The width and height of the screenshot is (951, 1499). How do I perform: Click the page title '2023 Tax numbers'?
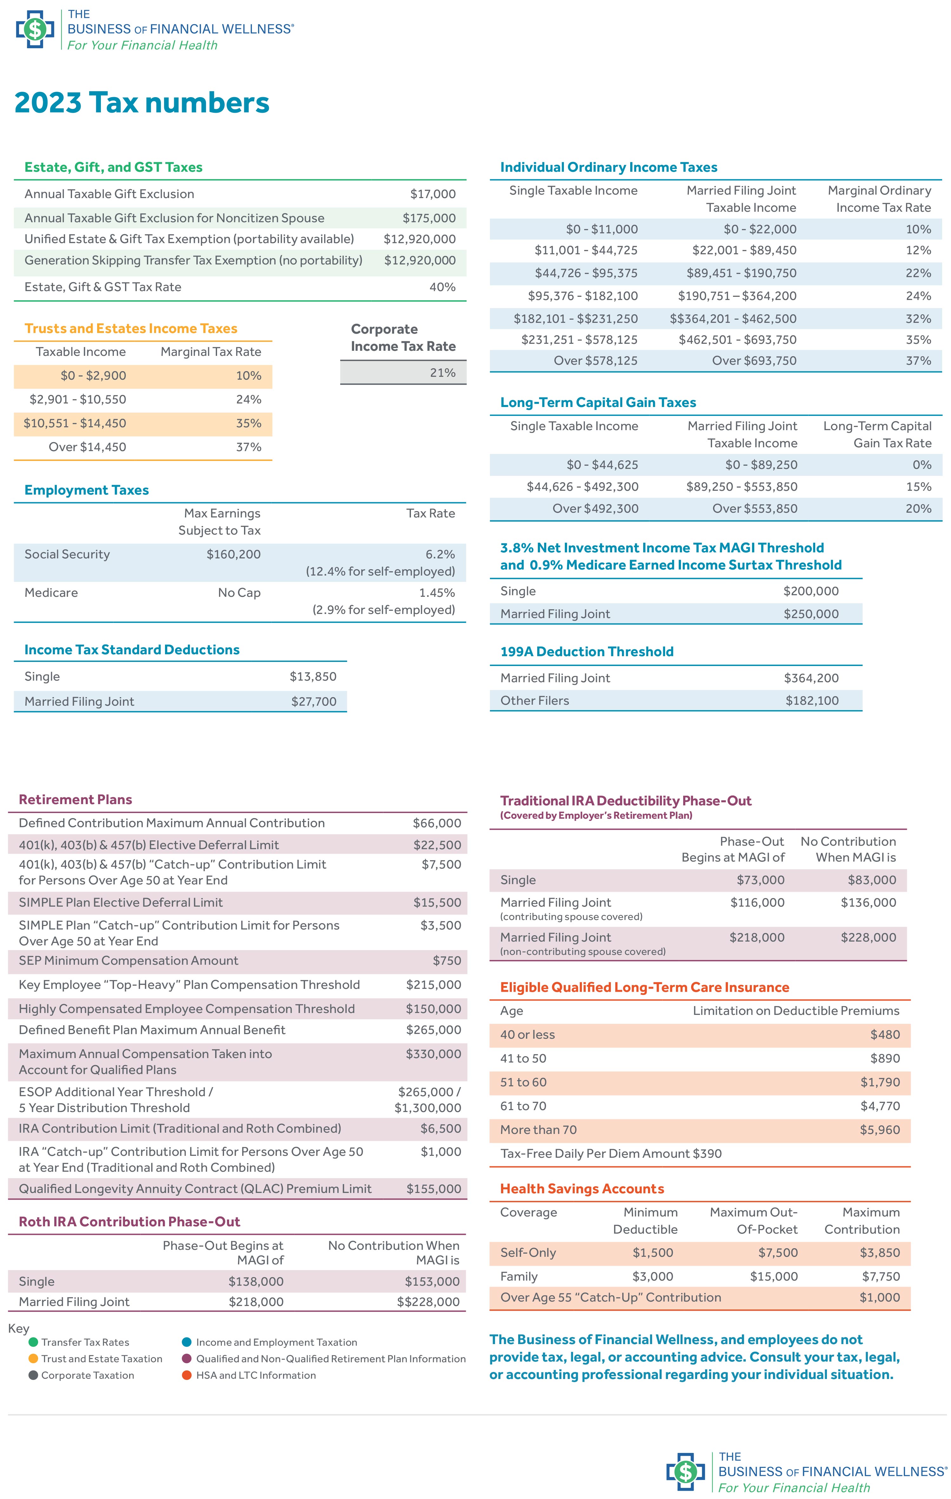coord(142,103)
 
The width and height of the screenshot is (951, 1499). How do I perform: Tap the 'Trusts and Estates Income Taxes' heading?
coord(131,329)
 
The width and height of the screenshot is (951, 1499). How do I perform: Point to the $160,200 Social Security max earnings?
coord(234,554)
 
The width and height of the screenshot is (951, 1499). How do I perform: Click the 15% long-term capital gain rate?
coord(919,487)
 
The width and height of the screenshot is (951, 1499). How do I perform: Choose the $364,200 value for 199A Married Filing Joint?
coord(811,678)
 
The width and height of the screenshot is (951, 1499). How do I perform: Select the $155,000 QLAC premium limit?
coord(434,1188)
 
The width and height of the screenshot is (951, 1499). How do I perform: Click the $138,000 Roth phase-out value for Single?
coord(256,1281)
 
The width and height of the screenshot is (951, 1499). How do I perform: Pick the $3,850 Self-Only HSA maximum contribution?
coord(880,1252)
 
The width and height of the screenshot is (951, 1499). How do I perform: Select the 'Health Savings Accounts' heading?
coord(582,1188)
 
